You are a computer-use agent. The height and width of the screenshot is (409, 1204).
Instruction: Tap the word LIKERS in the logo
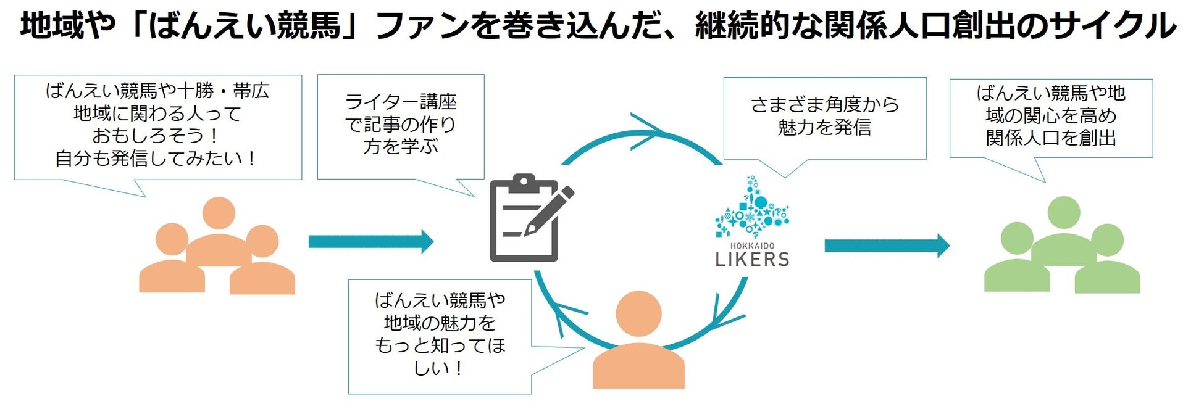(752, 259)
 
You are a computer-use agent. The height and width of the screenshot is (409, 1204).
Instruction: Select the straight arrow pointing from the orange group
(370, 241)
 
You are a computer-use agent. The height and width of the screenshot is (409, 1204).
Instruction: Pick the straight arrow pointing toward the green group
(887, 246)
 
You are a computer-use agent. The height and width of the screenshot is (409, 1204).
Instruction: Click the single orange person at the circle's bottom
(638, 342)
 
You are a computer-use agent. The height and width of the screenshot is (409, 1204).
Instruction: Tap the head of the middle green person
(1063, 213)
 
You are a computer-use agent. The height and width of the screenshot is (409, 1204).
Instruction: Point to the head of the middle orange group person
(218, 213)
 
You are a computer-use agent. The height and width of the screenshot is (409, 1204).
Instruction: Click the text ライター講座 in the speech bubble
(401, 102)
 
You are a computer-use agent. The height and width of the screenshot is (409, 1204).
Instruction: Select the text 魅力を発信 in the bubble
(824, 127)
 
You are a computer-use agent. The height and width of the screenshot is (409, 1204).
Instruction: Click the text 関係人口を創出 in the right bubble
(1051, 138)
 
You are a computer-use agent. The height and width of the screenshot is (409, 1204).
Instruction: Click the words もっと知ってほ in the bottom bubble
(440, 345)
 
